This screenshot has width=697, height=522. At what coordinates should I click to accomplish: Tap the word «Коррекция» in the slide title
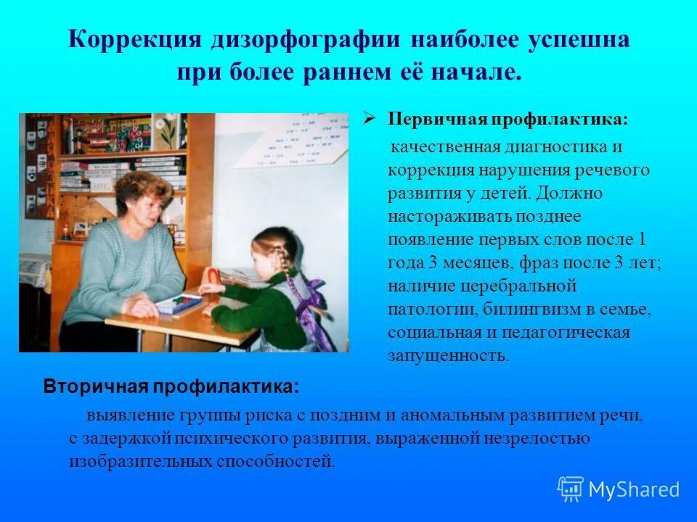pos(135,41)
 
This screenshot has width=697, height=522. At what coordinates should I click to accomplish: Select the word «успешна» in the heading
pos(578,41)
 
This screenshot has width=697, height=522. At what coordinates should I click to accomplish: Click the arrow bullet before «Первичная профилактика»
pos(368,117)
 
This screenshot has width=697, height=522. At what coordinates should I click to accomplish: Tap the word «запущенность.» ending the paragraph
pos(448,356)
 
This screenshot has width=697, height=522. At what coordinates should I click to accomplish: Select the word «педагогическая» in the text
pos(576,333)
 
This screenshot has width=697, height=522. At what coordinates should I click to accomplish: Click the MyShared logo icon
pos(570,489)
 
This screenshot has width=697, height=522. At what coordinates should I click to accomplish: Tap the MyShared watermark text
pos(633,489)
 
